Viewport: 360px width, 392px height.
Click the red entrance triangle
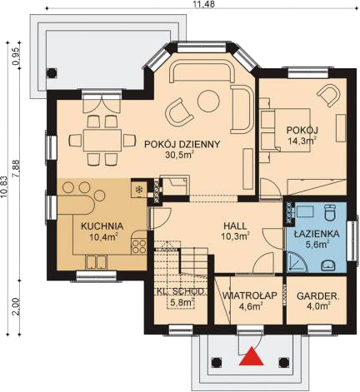[252, 355]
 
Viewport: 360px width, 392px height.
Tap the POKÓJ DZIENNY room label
[182, 144]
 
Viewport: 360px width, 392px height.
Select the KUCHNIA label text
[102, 226]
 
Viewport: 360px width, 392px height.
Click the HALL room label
[235, 226]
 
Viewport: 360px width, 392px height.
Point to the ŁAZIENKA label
[317, 233]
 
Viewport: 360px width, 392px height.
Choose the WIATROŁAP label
[249, 295]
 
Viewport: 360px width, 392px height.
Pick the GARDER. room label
[317, 296]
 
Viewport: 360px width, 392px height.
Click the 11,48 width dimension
[204, 4]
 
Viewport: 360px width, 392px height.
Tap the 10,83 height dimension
[4, 186]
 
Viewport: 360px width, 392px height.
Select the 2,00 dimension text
[16, 306]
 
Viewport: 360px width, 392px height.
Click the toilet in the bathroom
[330, 212]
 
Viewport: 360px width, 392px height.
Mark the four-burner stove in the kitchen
[138, 246]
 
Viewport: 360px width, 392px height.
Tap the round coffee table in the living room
[208, 101]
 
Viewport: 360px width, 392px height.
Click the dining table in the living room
[102, 140]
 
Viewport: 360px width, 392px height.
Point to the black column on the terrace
[52, 73]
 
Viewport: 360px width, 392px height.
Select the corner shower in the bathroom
[297, 262]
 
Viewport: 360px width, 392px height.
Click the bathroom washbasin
[328, 265]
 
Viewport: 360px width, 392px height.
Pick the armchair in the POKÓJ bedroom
[328, 96]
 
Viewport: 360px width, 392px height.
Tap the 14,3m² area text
[302, 141]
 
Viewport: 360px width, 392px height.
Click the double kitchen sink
[96, 262]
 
